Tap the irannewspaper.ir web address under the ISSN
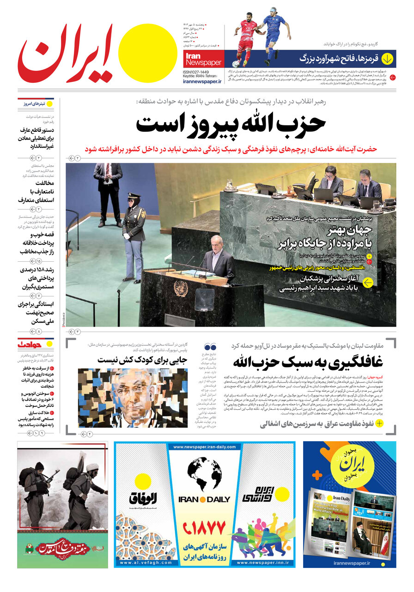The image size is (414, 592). (202, 81)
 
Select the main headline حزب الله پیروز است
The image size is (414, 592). (231, 124)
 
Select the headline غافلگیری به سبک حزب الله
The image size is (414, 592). (310, 361)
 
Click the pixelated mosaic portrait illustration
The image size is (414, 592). (133, 398)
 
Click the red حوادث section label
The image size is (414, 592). (30, 344)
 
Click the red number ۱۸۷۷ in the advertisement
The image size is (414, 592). (204, 527)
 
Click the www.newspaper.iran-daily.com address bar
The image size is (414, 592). (204, 447)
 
